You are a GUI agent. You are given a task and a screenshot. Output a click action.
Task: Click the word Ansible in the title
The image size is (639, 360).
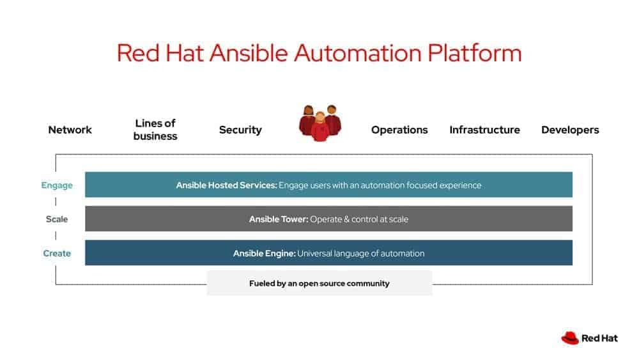(249, 53)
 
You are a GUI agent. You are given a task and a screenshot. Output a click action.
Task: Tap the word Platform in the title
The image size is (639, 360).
(474, 53)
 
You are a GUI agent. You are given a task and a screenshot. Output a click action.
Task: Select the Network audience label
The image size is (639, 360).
(70, 130)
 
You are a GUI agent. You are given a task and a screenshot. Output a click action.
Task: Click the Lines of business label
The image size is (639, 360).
(155, 129)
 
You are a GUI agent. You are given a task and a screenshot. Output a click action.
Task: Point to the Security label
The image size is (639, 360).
(240, 130)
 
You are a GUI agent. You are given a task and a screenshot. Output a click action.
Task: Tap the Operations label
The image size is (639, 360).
(399, 130)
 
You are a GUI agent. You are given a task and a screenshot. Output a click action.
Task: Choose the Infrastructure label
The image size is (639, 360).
(484, 130)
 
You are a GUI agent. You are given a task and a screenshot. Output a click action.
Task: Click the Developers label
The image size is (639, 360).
(570, 130)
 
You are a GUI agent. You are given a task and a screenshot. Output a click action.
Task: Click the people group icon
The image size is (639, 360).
(320, 123)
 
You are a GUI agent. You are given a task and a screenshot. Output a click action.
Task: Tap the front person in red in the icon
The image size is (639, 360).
(320, 129)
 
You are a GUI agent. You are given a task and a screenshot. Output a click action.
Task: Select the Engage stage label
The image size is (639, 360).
(57, 185)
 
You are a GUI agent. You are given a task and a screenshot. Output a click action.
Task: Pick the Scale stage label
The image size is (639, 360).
(57, 219)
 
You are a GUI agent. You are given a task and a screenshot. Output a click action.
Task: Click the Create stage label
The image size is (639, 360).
(57, 253)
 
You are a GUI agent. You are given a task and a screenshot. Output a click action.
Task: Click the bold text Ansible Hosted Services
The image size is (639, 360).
(226, 185)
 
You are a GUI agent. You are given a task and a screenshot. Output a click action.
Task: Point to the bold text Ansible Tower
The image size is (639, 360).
(279, 219)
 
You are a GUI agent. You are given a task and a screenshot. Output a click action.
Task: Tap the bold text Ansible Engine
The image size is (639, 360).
(264, 253)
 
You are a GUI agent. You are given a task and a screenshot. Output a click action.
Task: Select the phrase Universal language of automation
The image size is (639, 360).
(360, 253)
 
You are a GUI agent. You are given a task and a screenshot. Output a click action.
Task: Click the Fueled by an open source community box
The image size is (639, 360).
(319, 283)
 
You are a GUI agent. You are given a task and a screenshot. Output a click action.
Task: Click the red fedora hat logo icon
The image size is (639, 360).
(570, 338)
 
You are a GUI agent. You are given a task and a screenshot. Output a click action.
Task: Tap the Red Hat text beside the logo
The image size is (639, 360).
(599, 338)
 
